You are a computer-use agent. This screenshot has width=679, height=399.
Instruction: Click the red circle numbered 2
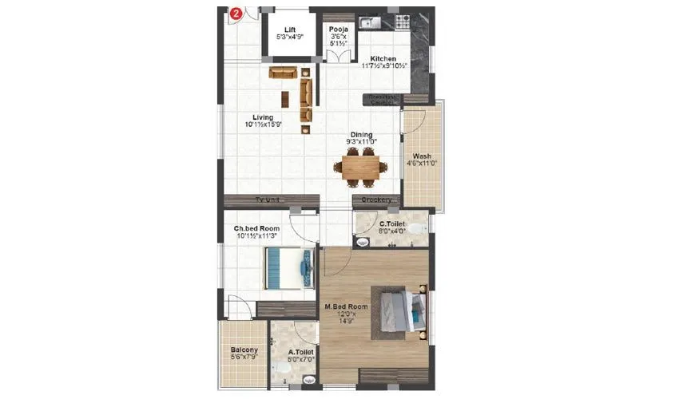tap(236, 14)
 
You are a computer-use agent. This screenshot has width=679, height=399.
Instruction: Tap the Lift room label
tap(290, 30)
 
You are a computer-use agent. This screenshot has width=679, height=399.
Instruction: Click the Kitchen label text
tap(383, 59)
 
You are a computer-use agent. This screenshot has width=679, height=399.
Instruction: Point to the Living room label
tap(263, 117)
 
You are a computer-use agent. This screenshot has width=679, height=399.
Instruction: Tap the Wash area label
tap(422, 156)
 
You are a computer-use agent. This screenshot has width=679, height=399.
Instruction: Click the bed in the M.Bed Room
tap(403, 311)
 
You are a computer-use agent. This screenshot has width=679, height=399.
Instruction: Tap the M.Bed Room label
tap(346, 306)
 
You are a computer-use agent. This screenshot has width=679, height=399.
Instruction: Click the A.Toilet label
tap(300, 351)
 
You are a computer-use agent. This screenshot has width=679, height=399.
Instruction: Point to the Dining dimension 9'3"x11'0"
tap(361, 141)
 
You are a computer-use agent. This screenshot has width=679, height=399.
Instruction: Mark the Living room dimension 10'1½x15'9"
tap(263, 124)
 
